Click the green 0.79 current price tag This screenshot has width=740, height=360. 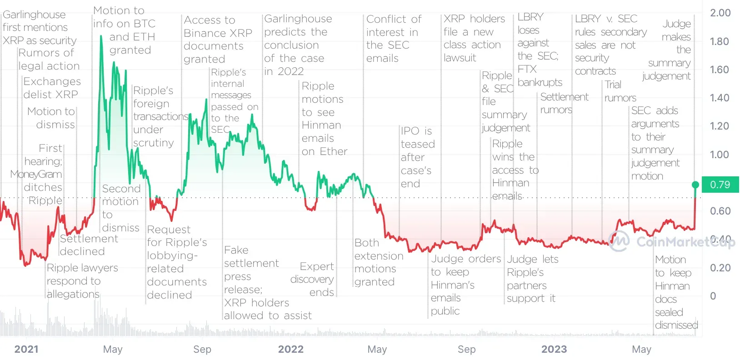(x=720, y=185)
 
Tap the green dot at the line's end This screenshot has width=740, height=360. (x=695, y=185)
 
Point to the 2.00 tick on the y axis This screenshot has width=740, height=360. (x=720, y=13)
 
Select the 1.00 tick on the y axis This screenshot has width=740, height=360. (x=720, y=155)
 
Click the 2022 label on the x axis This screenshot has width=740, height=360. (x=291, y=349)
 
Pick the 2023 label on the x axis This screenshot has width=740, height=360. (x=554, y=349)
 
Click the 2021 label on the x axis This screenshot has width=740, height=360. (x=26, y=349)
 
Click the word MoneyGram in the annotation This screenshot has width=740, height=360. (x=36, y=174)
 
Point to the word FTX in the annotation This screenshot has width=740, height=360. (x=527, y=69)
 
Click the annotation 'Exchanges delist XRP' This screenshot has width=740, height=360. (x=51, y=88)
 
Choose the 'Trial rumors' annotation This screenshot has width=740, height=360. (x=620, y=91)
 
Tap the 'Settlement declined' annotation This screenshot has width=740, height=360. (x=89, y=245)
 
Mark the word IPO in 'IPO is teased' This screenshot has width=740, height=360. (x=410, y=131)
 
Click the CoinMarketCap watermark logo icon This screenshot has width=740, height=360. (x=619, y=241)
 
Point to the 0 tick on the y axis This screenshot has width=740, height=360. (x=713, y=296)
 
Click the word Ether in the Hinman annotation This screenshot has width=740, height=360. (x=333, y=151)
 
